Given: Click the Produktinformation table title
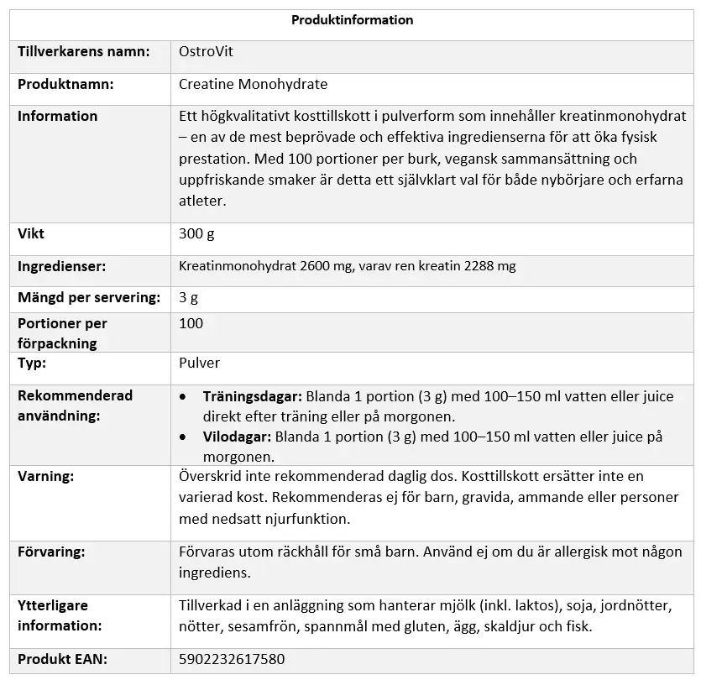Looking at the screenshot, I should tap(352, 20).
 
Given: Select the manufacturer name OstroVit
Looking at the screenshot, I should tap(206, 51).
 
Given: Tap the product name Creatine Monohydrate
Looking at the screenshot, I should tap(253, 84).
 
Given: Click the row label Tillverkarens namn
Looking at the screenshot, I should tap(84, 51).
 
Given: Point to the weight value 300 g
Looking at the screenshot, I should tap(197, 233).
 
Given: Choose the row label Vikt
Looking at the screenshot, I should tap(31, 233).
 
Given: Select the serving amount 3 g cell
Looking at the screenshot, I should tap(189, 297).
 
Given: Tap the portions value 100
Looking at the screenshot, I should tap(191, 323).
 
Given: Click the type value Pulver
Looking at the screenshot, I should tap(200, 364).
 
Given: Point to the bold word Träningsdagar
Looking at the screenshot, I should tap(252, 396).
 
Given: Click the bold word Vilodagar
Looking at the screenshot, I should tap(237, 437).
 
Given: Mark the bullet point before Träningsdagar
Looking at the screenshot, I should tap(184, 396).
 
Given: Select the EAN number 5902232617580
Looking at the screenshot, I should tap(232, 659).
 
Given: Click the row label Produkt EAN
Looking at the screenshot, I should tap(63, 659).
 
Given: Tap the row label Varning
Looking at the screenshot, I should tap(45, 476).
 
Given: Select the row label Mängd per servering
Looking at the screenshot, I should tap(89, 297).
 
